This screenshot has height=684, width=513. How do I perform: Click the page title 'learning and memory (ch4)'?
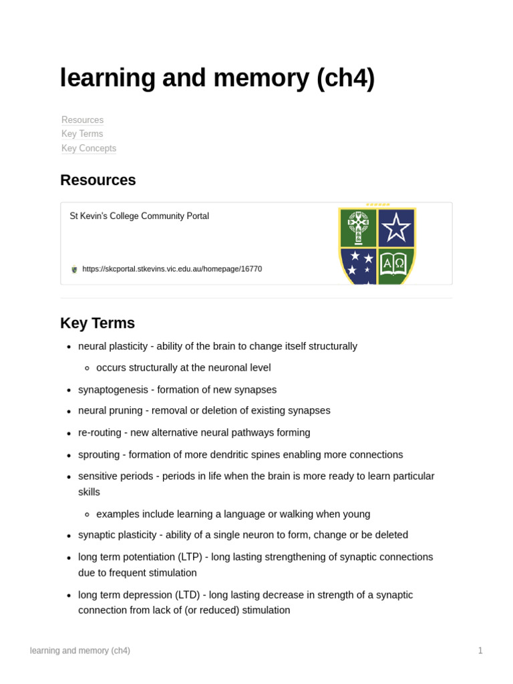(x=217, y=78)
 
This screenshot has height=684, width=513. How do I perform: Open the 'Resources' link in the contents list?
(x=82, y=120)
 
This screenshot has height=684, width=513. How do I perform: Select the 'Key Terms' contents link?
(x=82, y=134)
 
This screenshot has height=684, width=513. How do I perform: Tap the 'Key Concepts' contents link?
(x=89, y=148)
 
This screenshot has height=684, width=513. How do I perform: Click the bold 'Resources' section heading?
(x=98, y=180)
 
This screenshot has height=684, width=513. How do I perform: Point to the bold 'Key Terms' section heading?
(x=98, y=323)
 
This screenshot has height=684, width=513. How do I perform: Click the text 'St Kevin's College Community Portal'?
(x=139, y=216)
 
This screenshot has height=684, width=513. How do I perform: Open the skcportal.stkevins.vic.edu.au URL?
(x=172, y=269)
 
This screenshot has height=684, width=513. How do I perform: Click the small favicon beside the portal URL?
(x=74, y=269)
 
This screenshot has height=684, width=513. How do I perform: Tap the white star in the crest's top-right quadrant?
(x=396, y=228)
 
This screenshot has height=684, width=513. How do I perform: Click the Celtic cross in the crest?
(x=359, y=228)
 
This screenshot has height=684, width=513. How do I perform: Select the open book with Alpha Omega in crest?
(x=394, y=264)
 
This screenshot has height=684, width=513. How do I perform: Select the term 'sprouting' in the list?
(x=99, y=455)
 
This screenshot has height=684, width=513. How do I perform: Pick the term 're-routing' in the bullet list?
(x=100, y=433)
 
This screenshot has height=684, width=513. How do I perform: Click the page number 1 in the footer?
(x=480, y=651)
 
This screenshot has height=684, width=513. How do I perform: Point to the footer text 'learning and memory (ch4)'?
(x=80, y=651)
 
